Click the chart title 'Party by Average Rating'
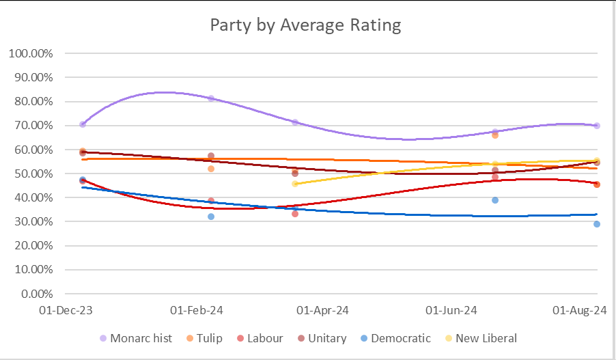(305, 25)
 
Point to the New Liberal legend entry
(481, 338)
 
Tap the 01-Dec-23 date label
(66, 310)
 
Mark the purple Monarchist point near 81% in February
(211, 98)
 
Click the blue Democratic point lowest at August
(597, 224)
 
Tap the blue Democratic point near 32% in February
(211, 217)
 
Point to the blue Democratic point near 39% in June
(495, 200)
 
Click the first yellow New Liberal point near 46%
(295, 184)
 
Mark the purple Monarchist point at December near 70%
(83, 124)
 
